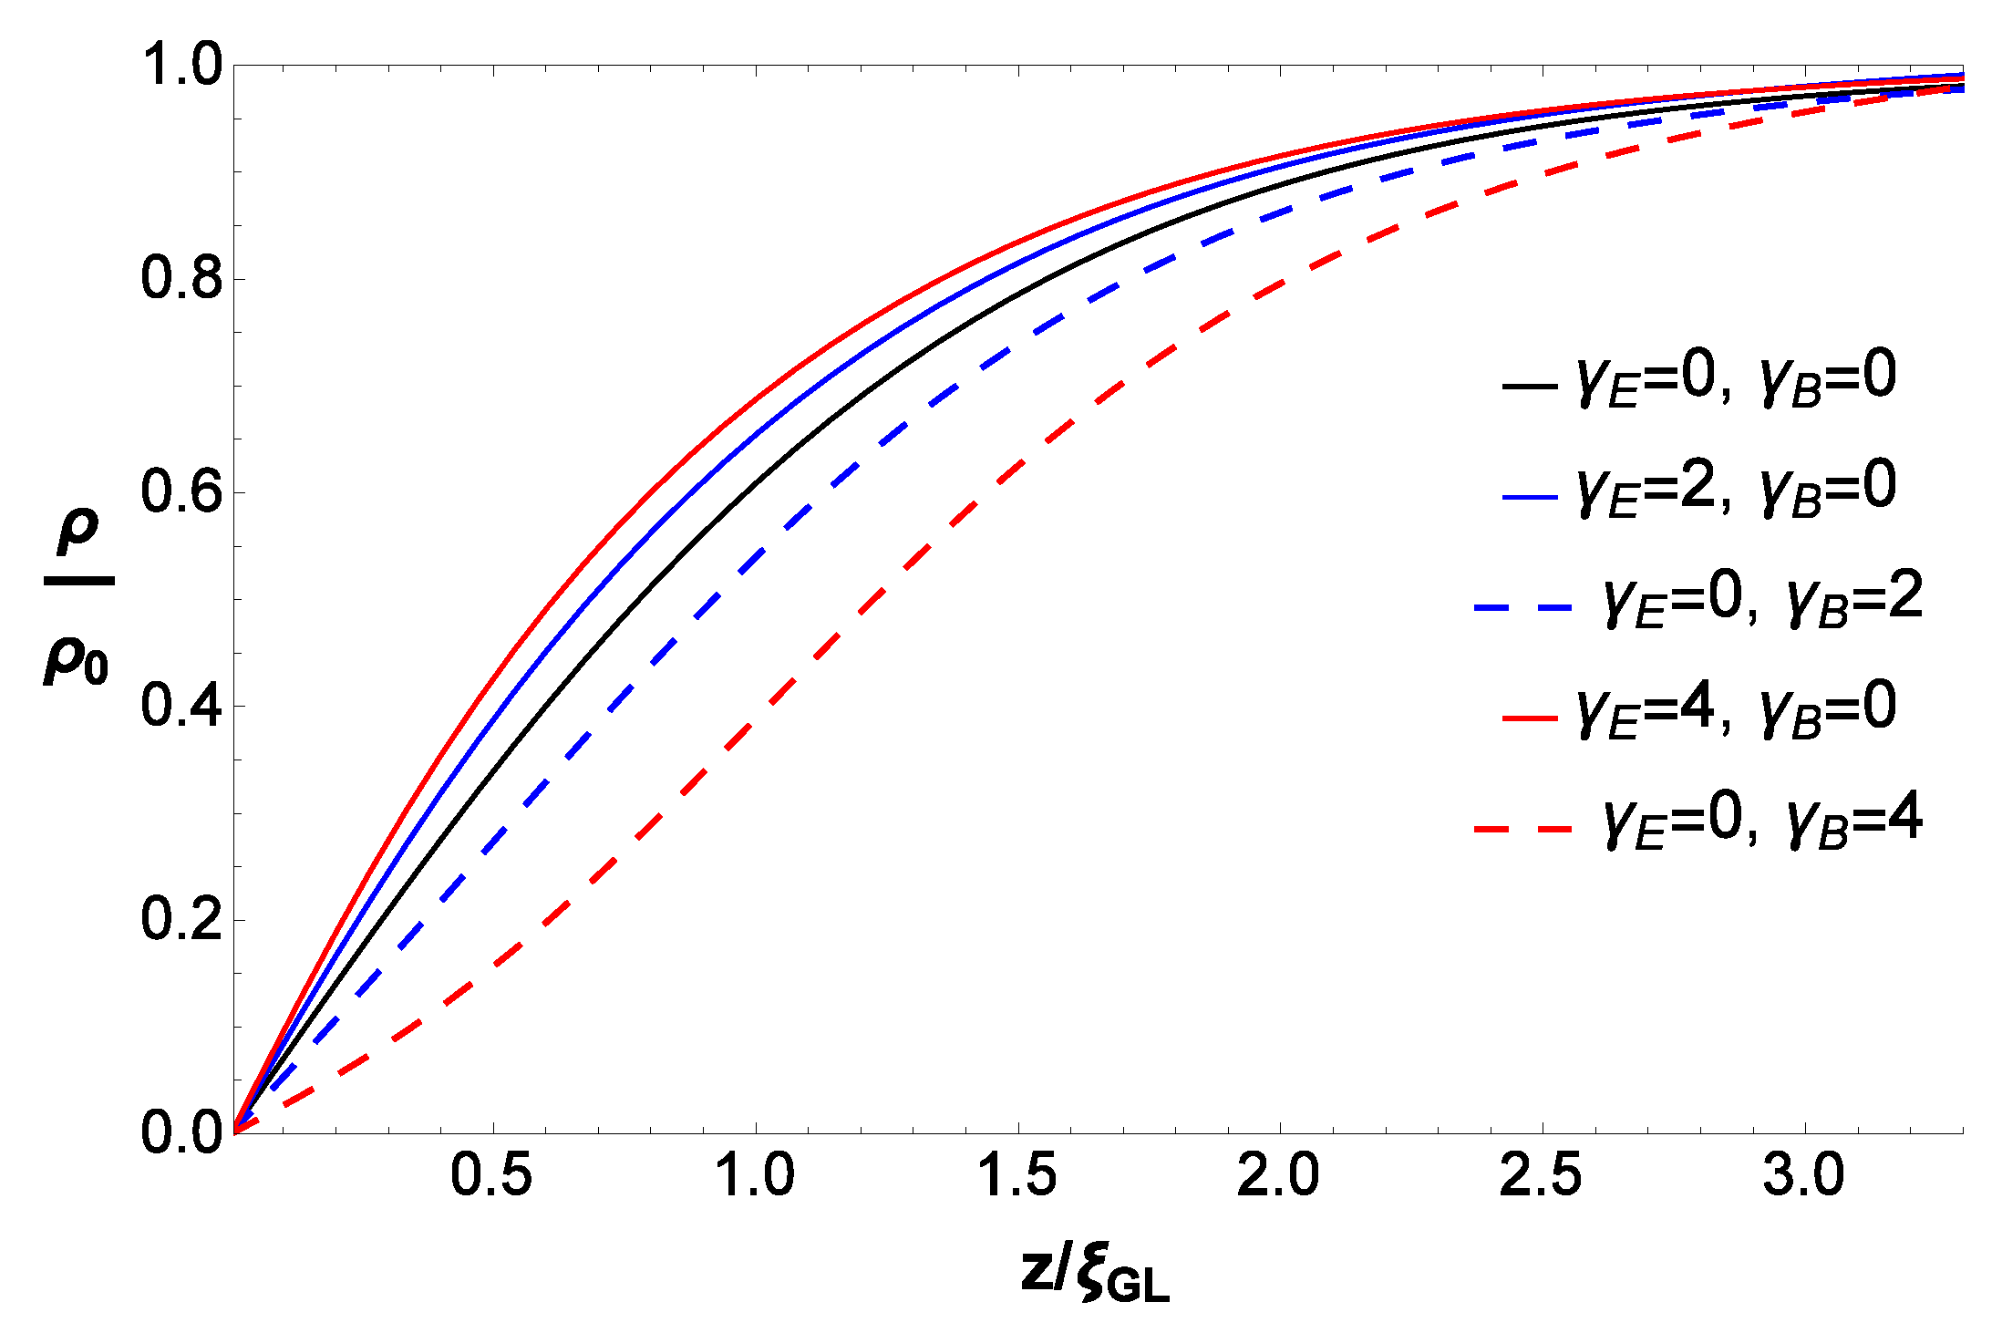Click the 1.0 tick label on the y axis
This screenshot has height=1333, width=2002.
(x=181, y=66)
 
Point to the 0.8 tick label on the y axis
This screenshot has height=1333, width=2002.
(x=181, y=278)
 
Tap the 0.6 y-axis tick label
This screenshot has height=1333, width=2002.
(x=181, y=492)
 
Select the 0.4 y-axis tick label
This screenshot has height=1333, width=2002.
(x=181, y=706)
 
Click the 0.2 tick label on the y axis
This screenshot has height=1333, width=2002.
(x=181, y=919)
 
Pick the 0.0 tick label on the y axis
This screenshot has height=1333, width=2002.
(x=181, y=1132)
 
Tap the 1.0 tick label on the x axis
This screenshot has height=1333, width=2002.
(x=754, y=1175)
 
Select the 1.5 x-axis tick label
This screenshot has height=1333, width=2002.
(x=1016, y=1175)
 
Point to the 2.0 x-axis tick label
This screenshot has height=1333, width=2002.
(x=1278, y=1175)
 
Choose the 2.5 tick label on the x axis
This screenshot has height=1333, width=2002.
(x=1541, y=1175)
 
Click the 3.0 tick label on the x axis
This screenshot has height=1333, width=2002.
(x=1803, y=1175)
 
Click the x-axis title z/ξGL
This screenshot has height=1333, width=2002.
(x=1095, y=1272)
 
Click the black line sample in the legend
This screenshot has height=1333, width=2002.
(x=1530, y=386)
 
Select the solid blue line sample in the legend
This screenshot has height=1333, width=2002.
(x=1530, y=497)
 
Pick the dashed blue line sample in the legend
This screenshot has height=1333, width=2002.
(x=1522, y=607)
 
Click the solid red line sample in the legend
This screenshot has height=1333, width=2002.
(x=1530, y=718)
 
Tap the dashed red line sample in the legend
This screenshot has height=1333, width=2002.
(x=1522, y=829)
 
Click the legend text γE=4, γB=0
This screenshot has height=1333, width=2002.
(x=1737, y=711)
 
